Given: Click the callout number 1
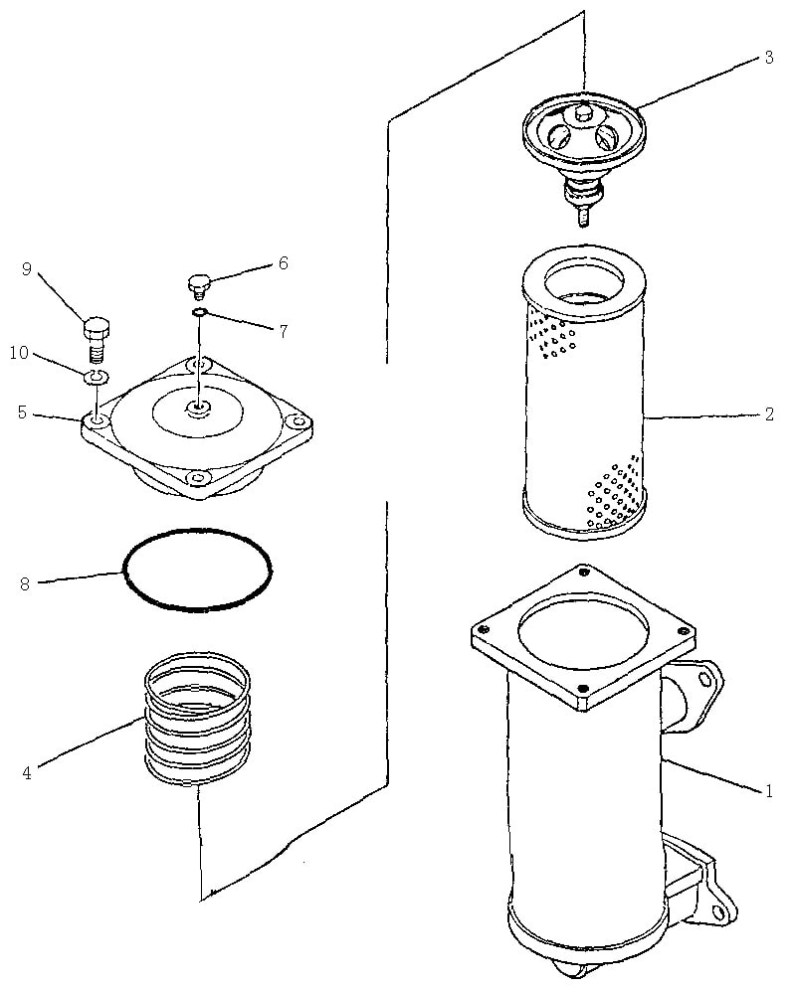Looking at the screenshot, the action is (768, 791).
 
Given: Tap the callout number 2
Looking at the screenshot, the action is (769, 413).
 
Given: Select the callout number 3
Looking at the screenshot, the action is (769, 58).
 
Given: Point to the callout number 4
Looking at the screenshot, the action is (27, 772).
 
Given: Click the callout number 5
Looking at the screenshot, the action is (23, 413).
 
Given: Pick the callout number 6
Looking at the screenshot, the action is (284, 262).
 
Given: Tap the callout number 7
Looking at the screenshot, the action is (284, 331).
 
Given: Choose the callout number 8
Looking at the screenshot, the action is (25, 584).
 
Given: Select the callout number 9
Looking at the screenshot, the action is (27, 269).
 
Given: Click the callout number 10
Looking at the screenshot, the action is (19, 353).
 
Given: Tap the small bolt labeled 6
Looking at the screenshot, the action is (198, 286).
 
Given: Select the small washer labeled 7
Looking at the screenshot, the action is (199, 312).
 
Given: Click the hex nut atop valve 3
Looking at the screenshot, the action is (583, 114).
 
